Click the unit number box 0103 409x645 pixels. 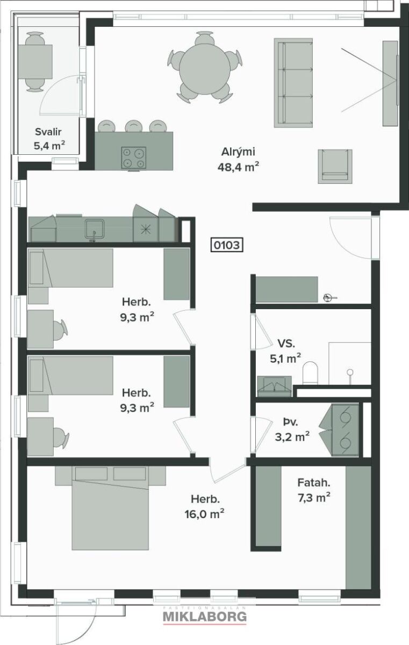[x=227, y=245]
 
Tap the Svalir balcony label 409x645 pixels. [x=48, y=132]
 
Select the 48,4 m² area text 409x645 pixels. [x=238, y=167]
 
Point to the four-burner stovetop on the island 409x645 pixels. [x=133, y=157]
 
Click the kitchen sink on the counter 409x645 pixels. [x=95, y=229]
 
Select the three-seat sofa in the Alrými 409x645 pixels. [x=293, y=83]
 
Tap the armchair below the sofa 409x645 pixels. [x=335, y=166]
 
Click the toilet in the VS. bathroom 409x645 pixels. [x=310, y=373]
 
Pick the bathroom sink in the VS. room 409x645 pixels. [x=274, y=386]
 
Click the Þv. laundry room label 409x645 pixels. [x=290, y=422]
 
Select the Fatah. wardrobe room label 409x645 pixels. [x=314, y=483]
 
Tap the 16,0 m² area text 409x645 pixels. [x=204, y=514]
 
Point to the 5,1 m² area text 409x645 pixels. [x=285, y=359]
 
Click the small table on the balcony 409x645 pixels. [x=35, y=62]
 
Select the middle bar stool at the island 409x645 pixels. [x=133, y=126]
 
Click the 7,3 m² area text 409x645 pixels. [x=314, y=498]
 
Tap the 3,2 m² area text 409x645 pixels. [x=292, y=437]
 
